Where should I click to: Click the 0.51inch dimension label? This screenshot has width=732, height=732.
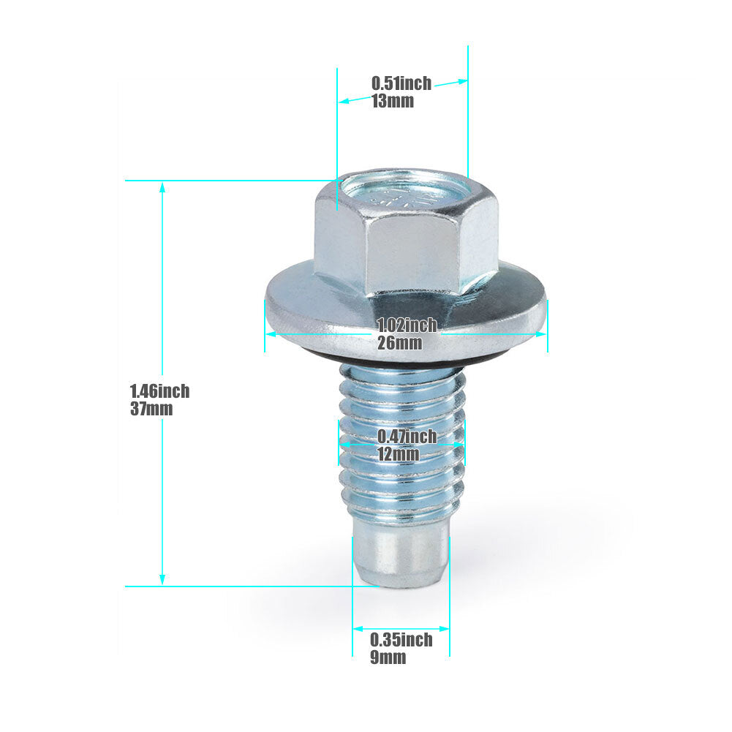tap(401, 83)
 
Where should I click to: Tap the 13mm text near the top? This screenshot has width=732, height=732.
tap(393, 101)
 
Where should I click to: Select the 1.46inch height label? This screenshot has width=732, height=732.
tap(159, 391)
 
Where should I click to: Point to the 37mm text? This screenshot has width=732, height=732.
tap(151, 409)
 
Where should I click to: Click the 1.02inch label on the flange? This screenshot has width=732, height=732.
tap(407, 325)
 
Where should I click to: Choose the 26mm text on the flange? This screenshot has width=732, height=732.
tap(399, 343)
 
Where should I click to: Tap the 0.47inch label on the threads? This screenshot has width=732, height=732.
tap(407, 437)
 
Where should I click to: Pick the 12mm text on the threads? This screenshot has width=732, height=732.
tap(399, 454)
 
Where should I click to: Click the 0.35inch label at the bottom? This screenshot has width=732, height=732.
tap(401, 640)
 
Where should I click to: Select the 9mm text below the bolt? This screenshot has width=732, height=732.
tap(388, 657)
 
